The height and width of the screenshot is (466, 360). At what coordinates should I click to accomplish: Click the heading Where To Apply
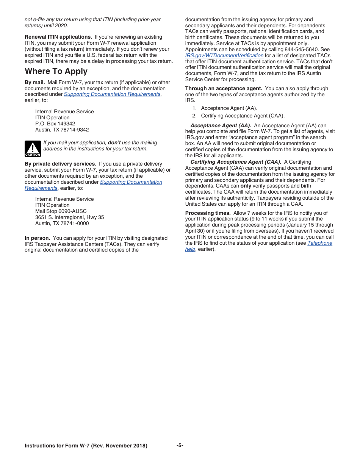pos(56,71)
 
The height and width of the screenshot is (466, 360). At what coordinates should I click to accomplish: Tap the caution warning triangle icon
pos(33,149)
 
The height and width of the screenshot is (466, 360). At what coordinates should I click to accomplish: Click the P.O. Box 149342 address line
pos(55,124)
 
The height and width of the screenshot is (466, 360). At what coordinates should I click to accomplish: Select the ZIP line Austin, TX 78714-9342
pos(62,130)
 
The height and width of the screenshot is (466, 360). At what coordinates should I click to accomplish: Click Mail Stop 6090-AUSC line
pos(61,211)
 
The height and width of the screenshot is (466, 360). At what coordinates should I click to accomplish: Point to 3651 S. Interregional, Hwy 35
pos(69,217)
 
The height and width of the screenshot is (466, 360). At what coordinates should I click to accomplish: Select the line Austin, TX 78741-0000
pos(62,223)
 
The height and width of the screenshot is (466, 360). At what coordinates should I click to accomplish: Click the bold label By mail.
pos(35,82)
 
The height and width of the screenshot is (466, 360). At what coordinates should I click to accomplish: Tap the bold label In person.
pos(37,238)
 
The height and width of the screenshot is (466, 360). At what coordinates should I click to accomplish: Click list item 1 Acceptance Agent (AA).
pos(229,108)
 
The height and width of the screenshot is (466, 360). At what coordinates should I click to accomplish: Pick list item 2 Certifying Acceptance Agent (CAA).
pos(242,116)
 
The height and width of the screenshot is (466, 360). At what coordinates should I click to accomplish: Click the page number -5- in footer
pos(180,445)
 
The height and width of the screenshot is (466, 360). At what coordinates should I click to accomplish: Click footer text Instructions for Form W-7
pos(86,446)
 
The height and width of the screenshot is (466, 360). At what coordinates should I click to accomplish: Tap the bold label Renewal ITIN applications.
pos(58,37)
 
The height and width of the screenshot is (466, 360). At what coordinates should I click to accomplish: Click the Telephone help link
pos(319,243)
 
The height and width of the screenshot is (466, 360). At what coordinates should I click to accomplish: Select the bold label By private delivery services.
pos(60,164)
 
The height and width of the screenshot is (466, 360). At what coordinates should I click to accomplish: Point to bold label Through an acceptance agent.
pos(224,88)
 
